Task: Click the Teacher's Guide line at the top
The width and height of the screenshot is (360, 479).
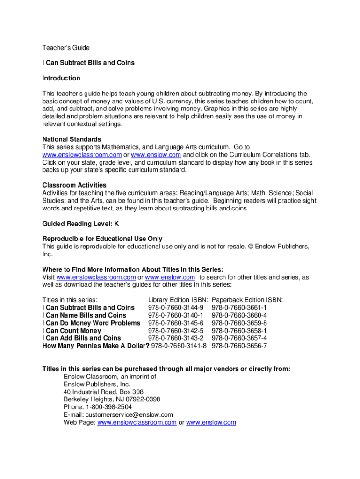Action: [x=66, y=48]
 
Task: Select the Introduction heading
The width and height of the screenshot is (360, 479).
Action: [x=61, y=78]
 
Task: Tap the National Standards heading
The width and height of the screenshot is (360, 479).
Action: [x=72, y=139]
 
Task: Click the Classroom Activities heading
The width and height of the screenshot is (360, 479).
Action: [x=74, y=185]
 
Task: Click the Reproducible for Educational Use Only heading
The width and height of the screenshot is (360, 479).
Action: [x=102, y=239]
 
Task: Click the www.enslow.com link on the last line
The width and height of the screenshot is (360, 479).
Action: [x=211, y=422]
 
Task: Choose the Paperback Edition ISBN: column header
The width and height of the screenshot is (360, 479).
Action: [x=247, y=300]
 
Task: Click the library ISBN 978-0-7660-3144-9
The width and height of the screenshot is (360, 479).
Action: [x=176, y=308]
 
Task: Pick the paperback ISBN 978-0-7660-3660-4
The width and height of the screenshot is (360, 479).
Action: [x=239, y=315]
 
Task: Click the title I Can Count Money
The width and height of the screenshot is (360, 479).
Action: [x=72, y=331]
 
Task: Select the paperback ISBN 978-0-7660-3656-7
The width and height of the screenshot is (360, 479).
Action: [x=239, y=346]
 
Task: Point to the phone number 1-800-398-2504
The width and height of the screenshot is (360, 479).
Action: [x=108, y=407]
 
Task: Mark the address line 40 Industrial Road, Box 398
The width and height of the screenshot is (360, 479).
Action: [x=103, y=392]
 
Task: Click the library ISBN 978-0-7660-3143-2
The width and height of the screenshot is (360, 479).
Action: [x=176, y=338]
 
